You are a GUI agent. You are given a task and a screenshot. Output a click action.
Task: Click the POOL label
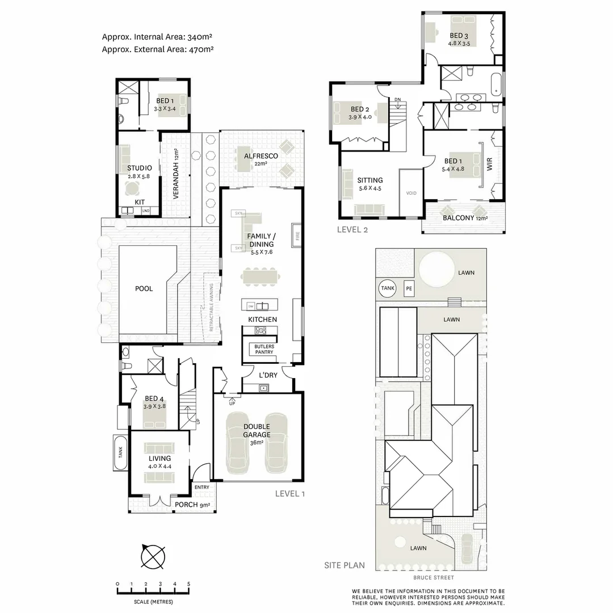(144, 289)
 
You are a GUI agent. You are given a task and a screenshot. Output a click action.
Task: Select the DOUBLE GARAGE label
(257, 430)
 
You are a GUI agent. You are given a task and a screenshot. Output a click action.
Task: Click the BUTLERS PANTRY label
(264, 349)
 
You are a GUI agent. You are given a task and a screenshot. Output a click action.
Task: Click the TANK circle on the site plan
(388, 288)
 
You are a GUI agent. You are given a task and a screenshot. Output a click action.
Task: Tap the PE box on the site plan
(409, 288)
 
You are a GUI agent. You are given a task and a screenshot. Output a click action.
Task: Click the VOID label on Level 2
(411, 194)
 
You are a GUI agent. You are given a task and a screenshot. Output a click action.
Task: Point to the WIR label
(490, 165)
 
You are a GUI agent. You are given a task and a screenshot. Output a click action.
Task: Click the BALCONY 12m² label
(465, 218)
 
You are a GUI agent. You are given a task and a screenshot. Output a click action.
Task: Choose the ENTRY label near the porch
(201, 487)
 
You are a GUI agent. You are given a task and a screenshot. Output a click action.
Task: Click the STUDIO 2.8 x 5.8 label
(139, 172)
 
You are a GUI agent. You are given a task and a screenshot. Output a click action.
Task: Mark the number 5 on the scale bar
(188, 584)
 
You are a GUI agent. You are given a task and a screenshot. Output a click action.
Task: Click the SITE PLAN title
(345, 565)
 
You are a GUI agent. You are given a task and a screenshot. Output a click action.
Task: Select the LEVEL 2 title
(352, 229)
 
